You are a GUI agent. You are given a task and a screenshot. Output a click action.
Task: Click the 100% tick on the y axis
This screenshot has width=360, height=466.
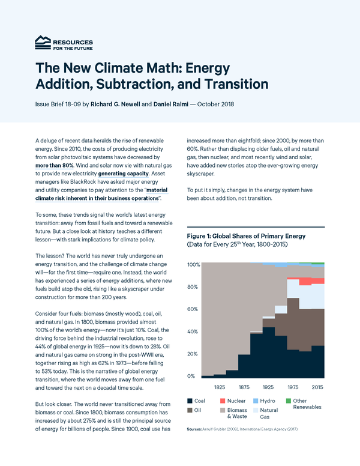coord(193,265)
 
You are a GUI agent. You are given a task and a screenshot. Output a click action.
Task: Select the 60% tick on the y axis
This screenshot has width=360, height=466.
coord(193,309)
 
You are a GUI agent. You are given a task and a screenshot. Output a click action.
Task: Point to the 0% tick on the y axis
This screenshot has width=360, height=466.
coord(191,376)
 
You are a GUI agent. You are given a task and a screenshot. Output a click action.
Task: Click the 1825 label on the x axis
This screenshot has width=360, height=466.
coord(219,387)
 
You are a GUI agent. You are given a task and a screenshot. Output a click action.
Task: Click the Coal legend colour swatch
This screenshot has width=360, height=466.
coord(190,400)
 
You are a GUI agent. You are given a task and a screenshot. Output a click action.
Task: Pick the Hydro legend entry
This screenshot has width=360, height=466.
coord(274,400)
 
